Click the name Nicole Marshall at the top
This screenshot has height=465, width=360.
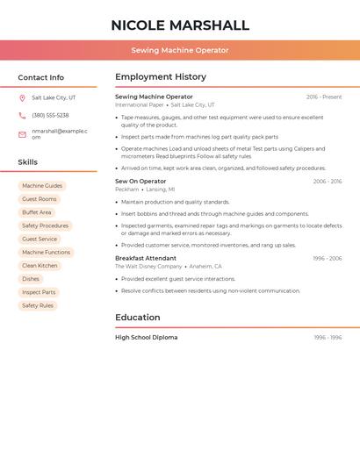pos(180,25)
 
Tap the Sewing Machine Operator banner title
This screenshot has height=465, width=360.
pos(180,50)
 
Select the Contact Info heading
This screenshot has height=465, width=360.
pos(41,77)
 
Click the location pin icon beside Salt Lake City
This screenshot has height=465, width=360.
pos(22,97)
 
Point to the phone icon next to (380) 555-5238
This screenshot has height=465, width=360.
pos(22,116)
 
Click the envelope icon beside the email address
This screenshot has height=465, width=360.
pos(22,134)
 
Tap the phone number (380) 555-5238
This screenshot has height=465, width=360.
pos(50,116)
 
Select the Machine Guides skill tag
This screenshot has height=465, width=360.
pos(42,186)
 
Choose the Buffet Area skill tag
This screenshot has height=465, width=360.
pos(37,212)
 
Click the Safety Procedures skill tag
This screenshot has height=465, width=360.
pos(45,225)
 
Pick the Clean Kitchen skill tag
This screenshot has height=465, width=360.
pos(40,266)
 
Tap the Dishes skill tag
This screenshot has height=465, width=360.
pos(31,279)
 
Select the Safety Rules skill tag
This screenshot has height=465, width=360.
pos(38,305)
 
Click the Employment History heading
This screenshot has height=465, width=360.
pos(161,77)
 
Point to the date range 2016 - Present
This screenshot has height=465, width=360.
pos(324,97)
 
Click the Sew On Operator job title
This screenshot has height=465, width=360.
pos(140,181)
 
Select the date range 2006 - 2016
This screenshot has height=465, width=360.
pos(328,181)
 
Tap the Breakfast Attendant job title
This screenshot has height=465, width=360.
pos(146,258)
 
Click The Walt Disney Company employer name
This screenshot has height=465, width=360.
pos(148,267)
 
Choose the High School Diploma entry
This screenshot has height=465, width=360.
pos(146,337)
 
